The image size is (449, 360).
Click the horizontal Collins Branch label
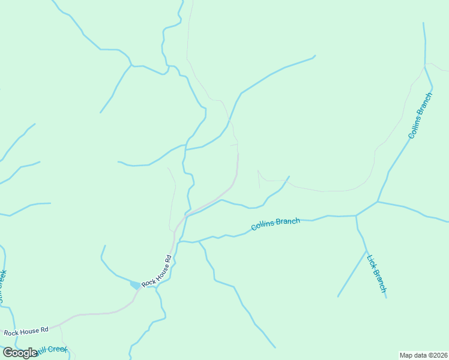pos(276,224)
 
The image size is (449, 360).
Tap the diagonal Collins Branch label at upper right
pos(420,116)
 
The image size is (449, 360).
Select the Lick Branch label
pos(376,274)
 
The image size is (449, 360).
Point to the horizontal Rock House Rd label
pos(26,331)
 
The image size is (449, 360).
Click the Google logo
pos(20,353)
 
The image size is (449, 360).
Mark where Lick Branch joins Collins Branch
pos(356,215)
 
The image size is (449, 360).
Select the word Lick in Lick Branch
pos(371,263)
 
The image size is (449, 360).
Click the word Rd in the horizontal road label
pos(44,329)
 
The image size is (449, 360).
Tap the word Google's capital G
pos(8,353)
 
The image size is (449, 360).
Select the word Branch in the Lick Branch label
pos(379,280)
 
